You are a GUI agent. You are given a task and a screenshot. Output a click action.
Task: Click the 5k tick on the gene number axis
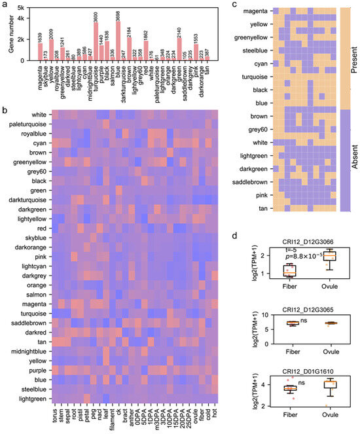[x=22, y=8]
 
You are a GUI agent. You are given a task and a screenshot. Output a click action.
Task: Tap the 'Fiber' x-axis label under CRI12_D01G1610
[x=284, y=420]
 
